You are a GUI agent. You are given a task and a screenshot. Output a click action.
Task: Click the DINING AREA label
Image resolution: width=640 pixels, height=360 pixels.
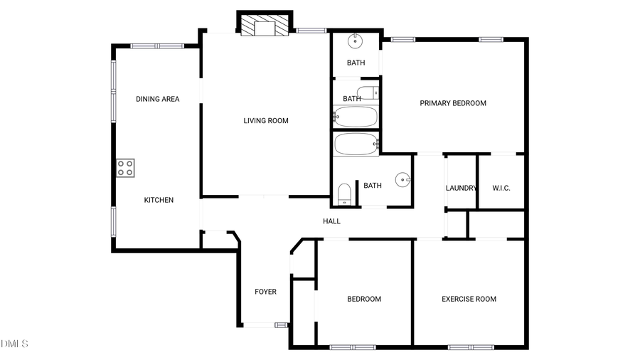pos(157,99)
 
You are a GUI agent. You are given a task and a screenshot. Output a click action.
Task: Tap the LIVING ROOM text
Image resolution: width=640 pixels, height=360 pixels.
pos(266,121)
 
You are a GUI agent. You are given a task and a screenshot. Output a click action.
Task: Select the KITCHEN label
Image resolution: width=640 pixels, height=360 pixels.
pos(159,200)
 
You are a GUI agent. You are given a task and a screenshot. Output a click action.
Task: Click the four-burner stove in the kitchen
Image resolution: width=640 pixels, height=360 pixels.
pos(125,168)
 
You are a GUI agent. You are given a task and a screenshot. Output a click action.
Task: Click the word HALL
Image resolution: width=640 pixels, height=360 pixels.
pos(331,221)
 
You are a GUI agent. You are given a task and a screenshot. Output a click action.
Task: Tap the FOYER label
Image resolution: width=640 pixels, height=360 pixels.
pos(265,292)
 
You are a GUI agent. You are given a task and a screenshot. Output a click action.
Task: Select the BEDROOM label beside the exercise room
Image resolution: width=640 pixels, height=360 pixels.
pos(363,299)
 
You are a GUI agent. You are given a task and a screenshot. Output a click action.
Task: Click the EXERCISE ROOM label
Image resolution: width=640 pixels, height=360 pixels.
pos(469,299)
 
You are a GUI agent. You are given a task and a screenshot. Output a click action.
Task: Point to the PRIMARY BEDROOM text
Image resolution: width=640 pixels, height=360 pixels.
pos(453,103)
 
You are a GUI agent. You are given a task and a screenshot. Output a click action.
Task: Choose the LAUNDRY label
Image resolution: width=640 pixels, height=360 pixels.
pos(461,188)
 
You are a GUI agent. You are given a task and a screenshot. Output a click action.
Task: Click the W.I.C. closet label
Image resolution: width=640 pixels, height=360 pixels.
pos(501,188)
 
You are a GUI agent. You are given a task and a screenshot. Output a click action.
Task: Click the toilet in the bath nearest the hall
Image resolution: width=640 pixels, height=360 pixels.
pos(344,193)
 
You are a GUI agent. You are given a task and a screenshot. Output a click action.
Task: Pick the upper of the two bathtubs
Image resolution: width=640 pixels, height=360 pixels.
pos(356,117)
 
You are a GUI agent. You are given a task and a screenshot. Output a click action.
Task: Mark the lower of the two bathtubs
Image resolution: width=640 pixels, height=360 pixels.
pos(356,144)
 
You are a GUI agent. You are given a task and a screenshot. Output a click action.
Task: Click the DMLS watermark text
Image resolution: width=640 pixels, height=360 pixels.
pos(14,344)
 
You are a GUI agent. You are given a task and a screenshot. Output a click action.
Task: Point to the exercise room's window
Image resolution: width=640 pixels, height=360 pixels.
pos(470,347)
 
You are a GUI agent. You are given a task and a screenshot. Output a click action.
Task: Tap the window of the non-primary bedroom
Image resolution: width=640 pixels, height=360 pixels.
pos(353,347)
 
